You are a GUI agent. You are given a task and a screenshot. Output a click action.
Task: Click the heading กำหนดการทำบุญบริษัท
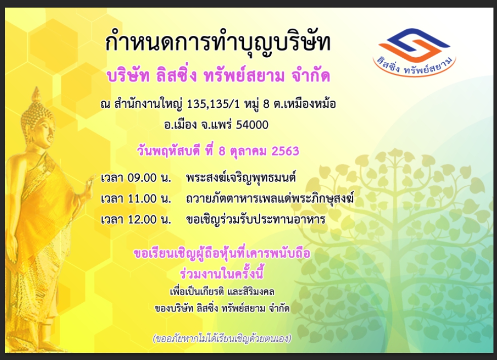[218, 43]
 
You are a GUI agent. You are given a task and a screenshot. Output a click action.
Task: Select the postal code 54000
[253, 125]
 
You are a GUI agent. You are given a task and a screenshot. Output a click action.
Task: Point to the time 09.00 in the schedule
[142, 178]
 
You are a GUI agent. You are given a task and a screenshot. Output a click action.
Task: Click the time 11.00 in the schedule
[142, 198]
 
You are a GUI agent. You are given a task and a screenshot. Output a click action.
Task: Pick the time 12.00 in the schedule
[142, 219]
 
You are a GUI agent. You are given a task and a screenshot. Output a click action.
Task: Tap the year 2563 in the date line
[285, 151]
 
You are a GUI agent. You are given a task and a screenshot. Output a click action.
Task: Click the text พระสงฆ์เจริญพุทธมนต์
[241, 178]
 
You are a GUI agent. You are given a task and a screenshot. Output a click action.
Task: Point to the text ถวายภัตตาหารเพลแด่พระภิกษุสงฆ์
[270, 198]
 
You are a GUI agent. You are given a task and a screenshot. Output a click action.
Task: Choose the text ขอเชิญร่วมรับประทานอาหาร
[256, 219]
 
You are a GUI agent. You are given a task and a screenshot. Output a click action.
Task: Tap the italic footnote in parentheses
[222, 338]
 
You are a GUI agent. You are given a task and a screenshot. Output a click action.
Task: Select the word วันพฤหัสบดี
[169, 151]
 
